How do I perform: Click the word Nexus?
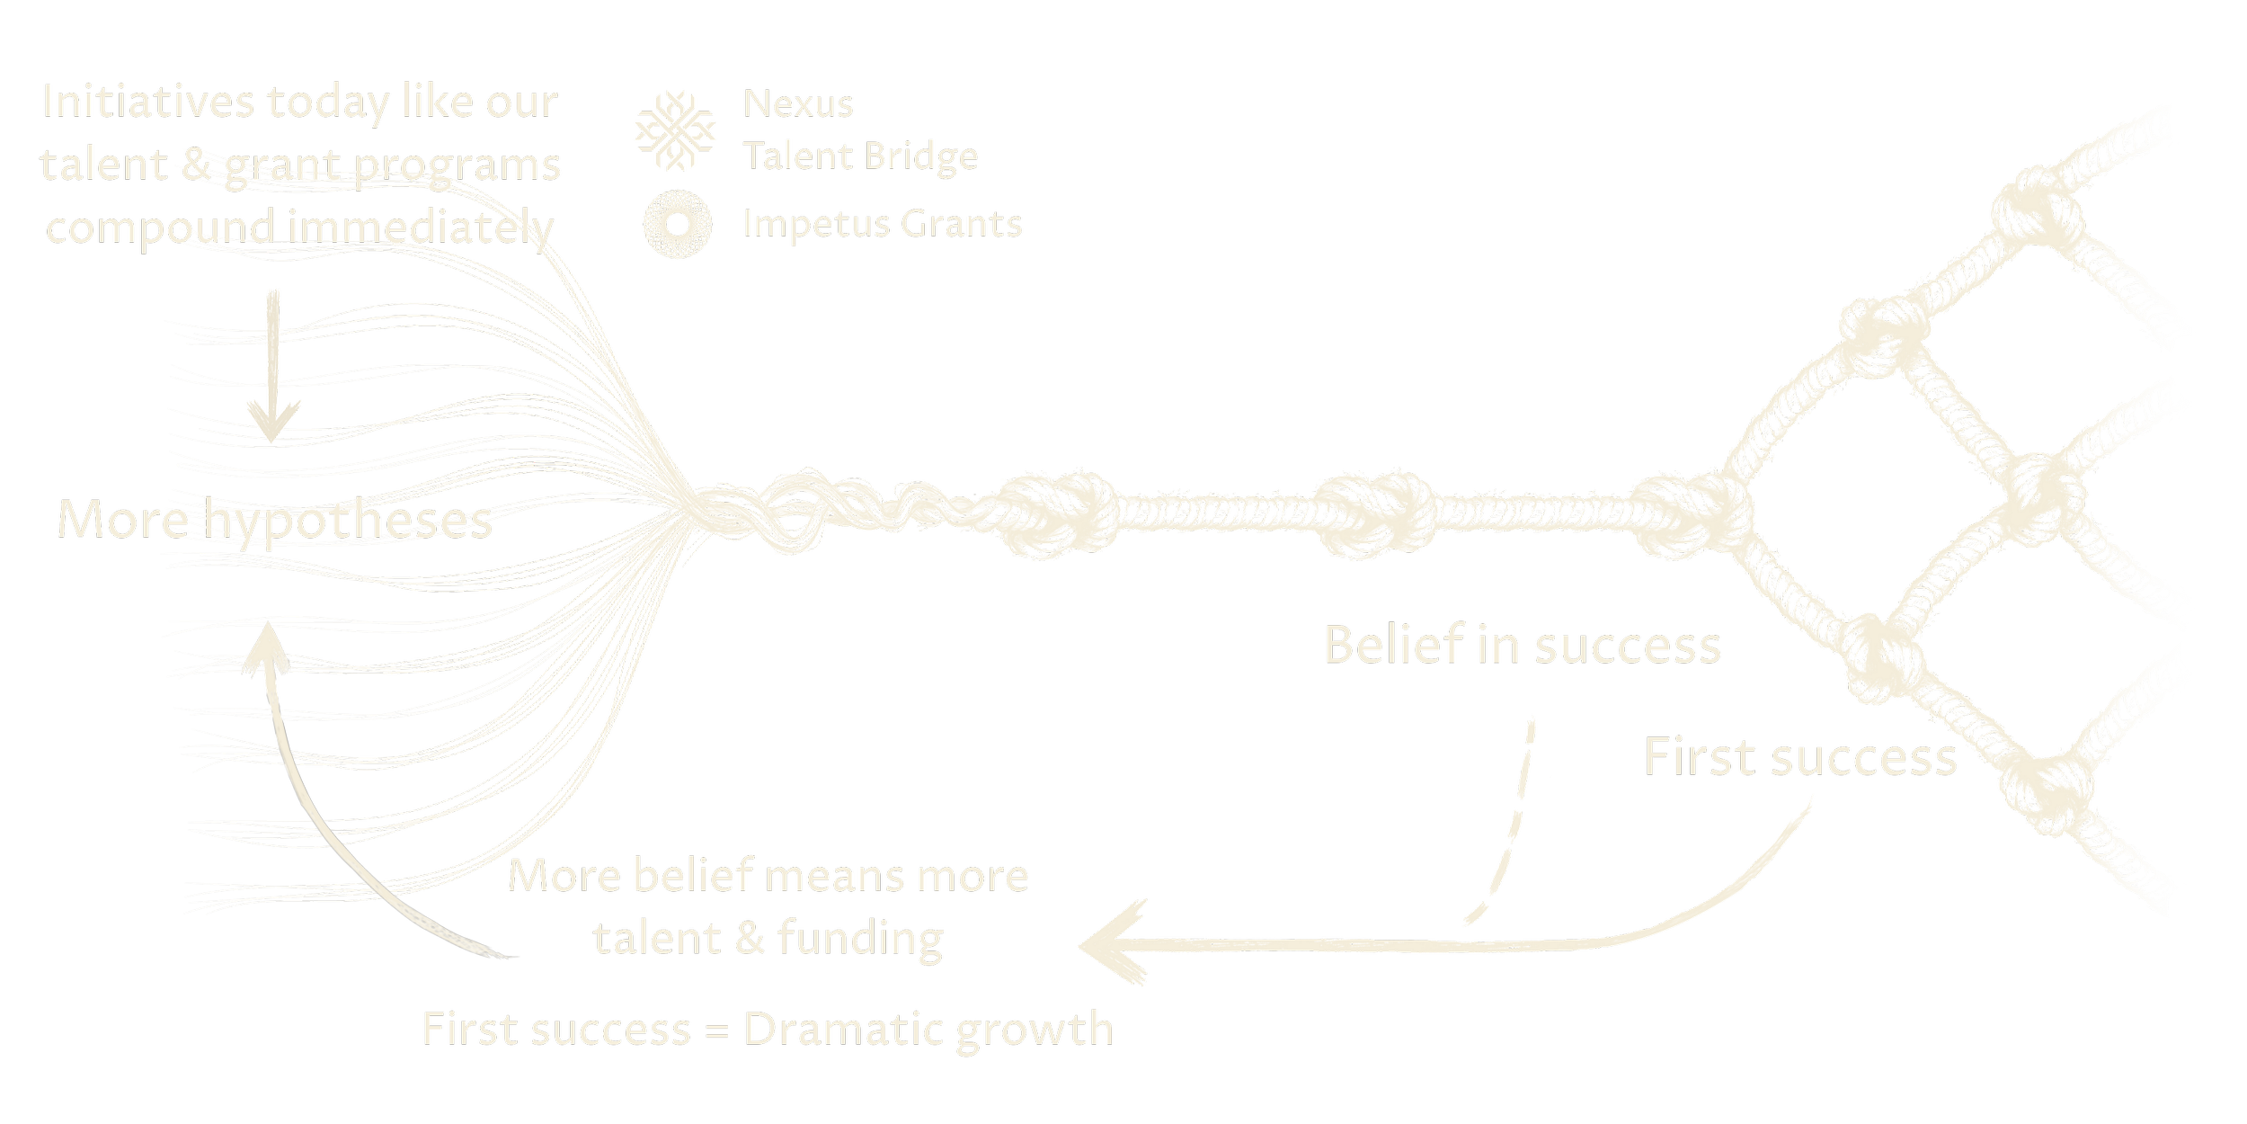[x=798, y=104]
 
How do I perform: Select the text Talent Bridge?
[x=860, y=156]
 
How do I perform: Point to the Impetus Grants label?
[x=883, y=224]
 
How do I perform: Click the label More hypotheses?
[x=275, y=520]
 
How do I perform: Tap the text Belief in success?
[x=1522, y=646]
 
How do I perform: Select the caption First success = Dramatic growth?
[x=768, y=1029]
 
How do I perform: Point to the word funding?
[x=860, y=938]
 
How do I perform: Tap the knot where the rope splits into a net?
[x=1690, y=514]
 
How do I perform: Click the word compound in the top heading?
[x=160, y=227]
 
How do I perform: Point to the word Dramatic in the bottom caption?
[x=839, y=1029]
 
